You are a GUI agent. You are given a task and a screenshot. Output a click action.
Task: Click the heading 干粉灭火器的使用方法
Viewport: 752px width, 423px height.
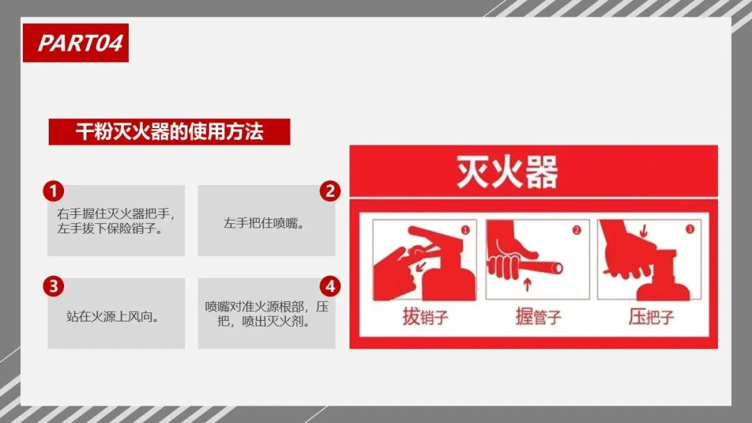click(169, 131)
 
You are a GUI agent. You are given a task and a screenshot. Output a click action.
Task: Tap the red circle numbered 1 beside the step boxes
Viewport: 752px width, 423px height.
click(53, 191)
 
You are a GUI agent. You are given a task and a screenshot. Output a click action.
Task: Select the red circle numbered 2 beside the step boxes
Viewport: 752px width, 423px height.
click(330, 191)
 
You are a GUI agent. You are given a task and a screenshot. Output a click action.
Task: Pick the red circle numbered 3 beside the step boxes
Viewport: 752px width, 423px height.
click(53, 286)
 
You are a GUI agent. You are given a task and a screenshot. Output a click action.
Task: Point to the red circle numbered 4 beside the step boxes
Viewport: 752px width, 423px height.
click(330, 286)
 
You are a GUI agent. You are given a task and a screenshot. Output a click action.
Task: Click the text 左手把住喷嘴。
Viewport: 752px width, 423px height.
click(265, 223)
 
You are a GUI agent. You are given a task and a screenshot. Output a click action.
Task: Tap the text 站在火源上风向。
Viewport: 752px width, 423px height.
click(113, 316)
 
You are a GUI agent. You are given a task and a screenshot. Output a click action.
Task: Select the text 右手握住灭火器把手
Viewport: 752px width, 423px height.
click(113, 214)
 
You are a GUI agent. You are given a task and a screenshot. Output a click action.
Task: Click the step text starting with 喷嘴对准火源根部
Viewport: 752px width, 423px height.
click(267, 314)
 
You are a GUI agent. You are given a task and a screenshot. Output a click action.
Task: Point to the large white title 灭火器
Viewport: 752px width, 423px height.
click(507, 172)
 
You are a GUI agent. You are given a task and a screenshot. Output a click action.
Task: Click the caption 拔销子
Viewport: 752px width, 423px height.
click(425, 317)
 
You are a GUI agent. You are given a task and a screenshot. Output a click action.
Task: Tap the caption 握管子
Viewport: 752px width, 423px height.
click(538, 317)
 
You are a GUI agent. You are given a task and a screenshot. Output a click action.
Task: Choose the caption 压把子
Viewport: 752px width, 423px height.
click(651, 317)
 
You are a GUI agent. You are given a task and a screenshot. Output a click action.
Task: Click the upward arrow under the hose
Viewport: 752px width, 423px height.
click(528, 285)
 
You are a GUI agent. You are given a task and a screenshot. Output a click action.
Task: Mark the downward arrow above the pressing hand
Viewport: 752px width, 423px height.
click(643, 231)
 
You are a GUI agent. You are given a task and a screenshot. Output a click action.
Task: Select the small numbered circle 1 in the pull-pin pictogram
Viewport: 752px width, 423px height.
click(465, 230)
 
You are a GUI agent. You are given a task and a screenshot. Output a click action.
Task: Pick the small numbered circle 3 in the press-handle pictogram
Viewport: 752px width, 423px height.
click(689, 229)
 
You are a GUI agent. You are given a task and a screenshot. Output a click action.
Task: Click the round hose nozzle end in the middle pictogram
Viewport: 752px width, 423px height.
click(557, 268)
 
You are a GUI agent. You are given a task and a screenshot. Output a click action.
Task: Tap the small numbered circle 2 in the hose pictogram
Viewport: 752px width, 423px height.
click(577, 230)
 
